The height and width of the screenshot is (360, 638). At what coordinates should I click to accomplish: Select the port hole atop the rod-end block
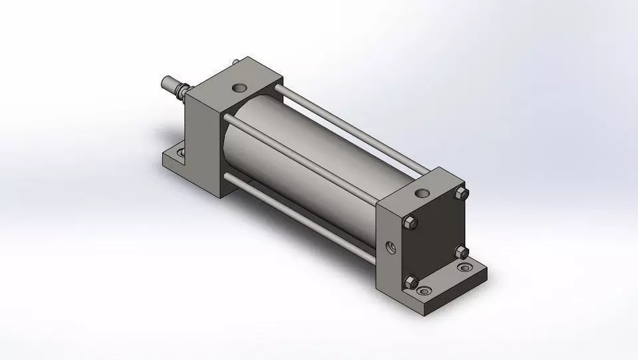239,86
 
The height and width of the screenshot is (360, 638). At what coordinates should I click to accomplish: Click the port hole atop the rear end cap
421,193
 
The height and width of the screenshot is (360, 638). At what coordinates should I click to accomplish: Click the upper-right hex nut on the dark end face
462,193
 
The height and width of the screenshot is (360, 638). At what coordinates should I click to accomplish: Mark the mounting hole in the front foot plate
179,155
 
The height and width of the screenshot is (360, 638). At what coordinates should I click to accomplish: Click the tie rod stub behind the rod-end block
236,63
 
